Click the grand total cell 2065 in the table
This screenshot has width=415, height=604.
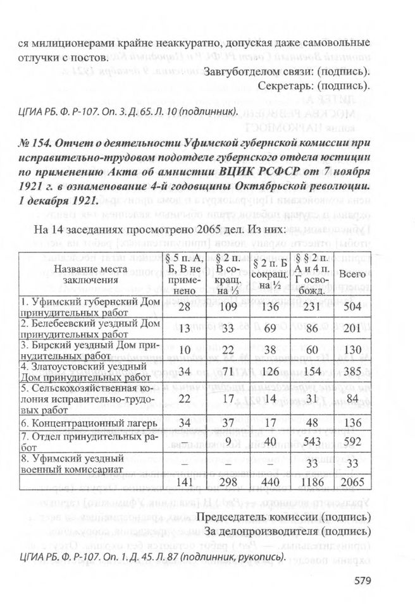(354, 483)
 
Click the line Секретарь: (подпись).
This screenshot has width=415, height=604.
(314, 85)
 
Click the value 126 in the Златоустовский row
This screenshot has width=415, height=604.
(266, 369)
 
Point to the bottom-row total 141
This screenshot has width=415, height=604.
(184, 483)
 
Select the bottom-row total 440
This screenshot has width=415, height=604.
(266, 483)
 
